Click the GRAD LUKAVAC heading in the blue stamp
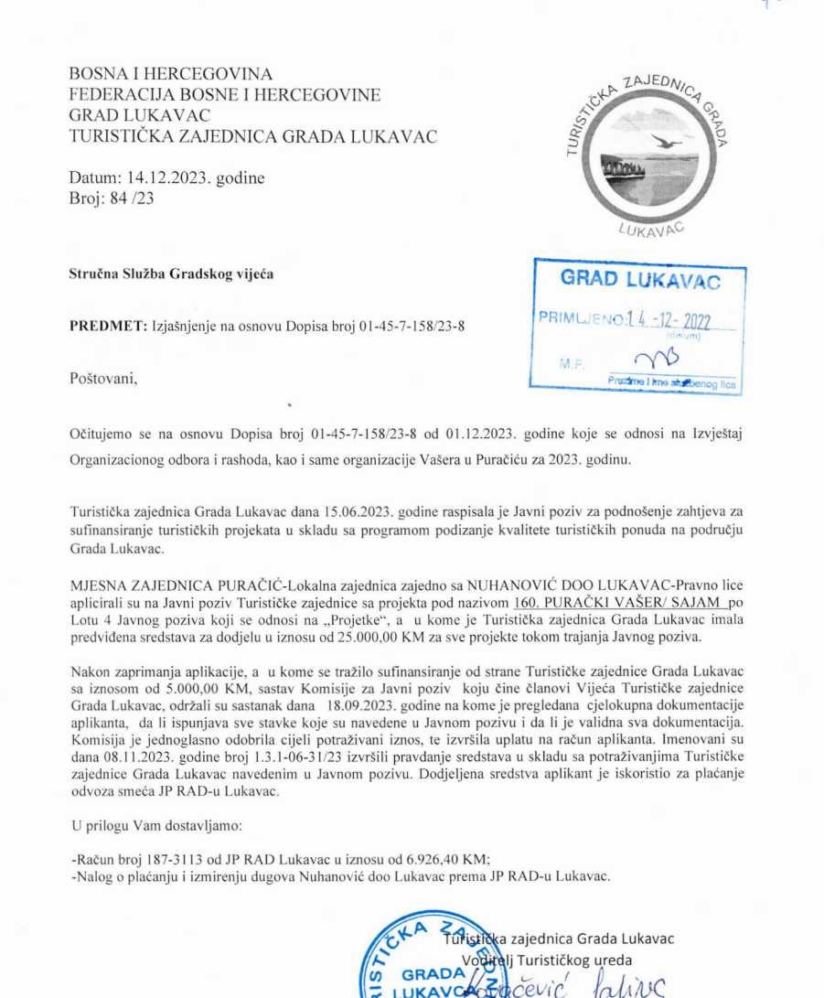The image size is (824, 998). pyautogui.click(x=640, y=280)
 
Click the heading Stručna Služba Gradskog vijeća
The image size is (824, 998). pyautogui.click(x=172, y=274)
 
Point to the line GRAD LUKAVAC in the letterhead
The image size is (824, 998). pyautogui.click(x=140, y=115)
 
